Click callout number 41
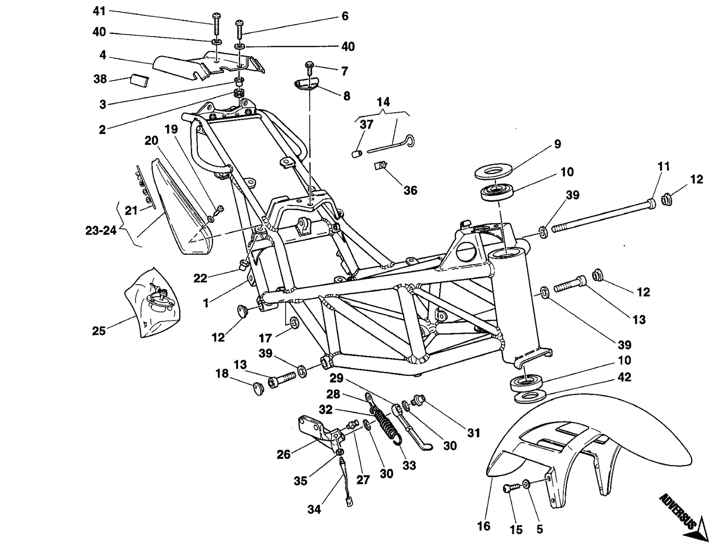[x=99, y=11]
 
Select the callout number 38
[x=100, y=79]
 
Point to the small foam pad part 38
[x=140, y=81]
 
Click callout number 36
[x=410, y=191]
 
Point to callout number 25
[x=99, y=331]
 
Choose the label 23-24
[x=101, y=231]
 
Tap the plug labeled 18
[x=258, y=389]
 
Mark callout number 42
[x=624, y=377]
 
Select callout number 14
[x=383, y=102]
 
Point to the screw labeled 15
[x=511, y=488]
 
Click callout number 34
[x=314, y=509]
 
